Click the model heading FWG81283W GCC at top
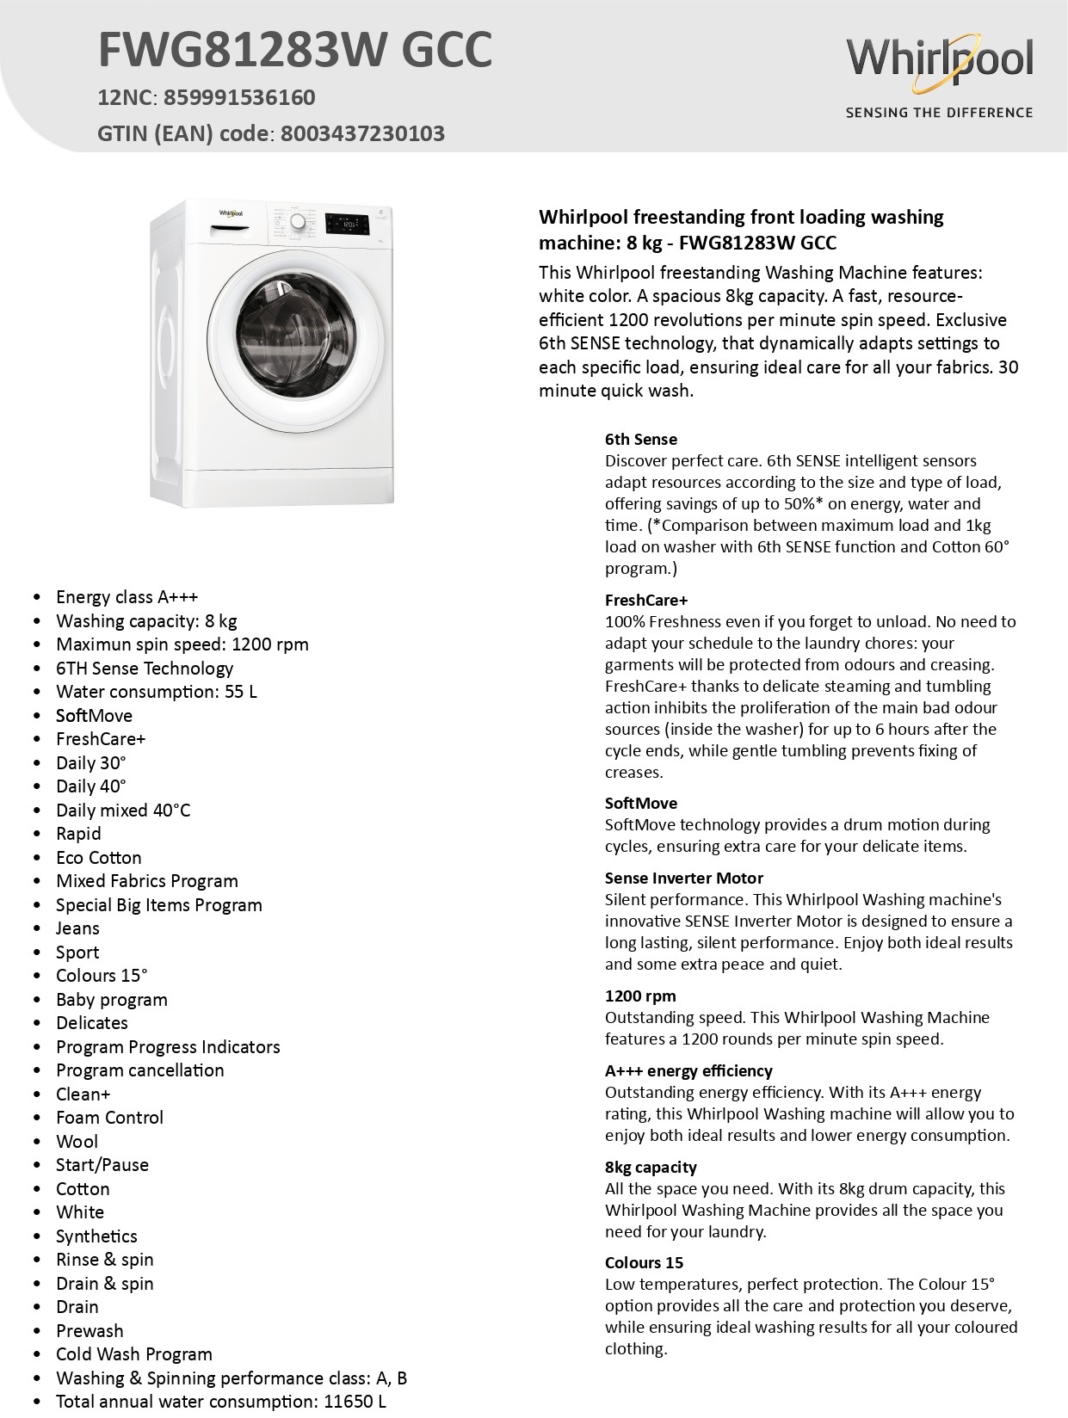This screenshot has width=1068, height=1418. pyautogui.click(x=294, y=49)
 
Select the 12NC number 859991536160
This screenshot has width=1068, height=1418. pyautogui.click(x=239, y=97)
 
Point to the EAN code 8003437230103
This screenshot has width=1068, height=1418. pyautogui.click(x=362, y=133)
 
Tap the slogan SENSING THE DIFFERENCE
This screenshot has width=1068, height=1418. pyautogui.click(x=939, y=113)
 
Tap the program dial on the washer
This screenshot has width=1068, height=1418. pyautogui.click(x=298, y=222)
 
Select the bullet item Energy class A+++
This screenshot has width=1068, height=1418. pyautogui.click(x=127, y=597)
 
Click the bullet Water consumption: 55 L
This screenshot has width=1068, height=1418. pyautogui.click(x=156, y=692)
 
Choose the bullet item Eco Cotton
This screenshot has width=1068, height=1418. pyautogui.click(x=98, y=858)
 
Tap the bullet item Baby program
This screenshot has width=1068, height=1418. pyautogui.click(x=111, y=1000)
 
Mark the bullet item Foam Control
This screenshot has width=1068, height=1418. pyautogui.click(x=109, y=1118)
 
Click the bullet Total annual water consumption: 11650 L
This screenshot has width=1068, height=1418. pyautogui.click(x=220, y=1402)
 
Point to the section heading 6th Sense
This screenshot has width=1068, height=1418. pyautogui.click(x=641, y=440)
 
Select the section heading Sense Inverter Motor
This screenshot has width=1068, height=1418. pyautogui.click(x=684, y=879)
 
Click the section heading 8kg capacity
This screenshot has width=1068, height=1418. pyautogui.click(x=651, y=1168)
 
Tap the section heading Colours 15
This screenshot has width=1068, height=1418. pyautogui.click(x=644, y=1263)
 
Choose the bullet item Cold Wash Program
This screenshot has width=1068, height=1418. pyautogui.click(x=133, y=1354)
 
